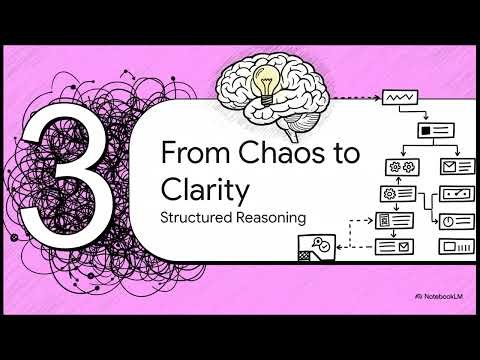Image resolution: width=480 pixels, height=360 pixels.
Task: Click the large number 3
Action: point(63,186)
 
